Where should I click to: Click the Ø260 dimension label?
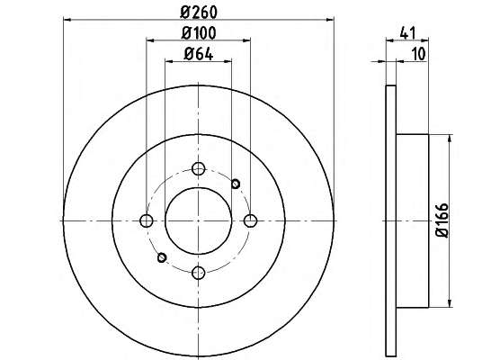click(x=199, y=13)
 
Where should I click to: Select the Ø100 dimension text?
click(x=199, y=33)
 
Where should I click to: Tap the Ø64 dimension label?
click(x=199, y=54)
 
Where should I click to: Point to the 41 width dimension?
click(x=407, y=33)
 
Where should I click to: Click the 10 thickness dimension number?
click(x=419, y=54)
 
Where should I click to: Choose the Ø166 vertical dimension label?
click(x=442, y=220)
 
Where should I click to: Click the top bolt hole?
click(x=199, y=168)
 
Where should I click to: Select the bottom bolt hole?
click(x=199, y=273)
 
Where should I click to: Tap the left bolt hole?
click(x=147, y=220)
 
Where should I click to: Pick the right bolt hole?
click(x=250, y=220)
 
